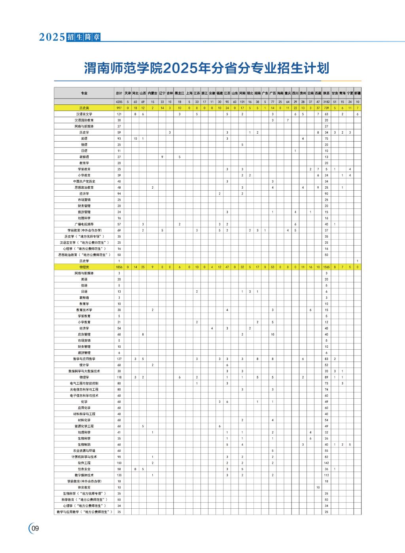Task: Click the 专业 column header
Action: tap(84, 93)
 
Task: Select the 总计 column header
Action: tap(119, 93)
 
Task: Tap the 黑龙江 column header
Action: tap(179, 93)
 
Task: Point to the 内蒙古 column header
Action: tap(152, 93)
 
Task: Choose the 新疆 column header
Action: tap(358, 93)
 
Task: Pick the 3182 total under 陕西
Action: tap(326, 102)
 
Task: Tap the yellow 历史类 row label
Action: tap(84, 108)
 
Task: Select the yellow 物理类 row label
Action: tap(84, 267)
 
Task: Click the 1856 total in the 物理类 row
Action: tap(119, 267)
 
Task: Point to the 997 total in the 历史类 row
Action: tap(119, 108)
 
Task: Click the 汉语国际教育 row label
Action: tap(84, 120)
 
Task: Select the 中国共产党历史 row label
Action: tap(84, 182)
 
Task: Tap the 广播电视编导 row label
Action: tap(84, 224)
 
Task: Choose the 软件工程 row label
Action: tap(84, 463)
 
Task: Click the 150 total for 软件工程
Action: tap(119, 463)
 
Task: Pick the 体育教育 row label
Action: tap(84, 487)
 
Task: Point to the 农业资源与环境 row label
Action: tap(84, 451)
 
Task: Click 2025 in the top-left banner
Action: tap(52, 37)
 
